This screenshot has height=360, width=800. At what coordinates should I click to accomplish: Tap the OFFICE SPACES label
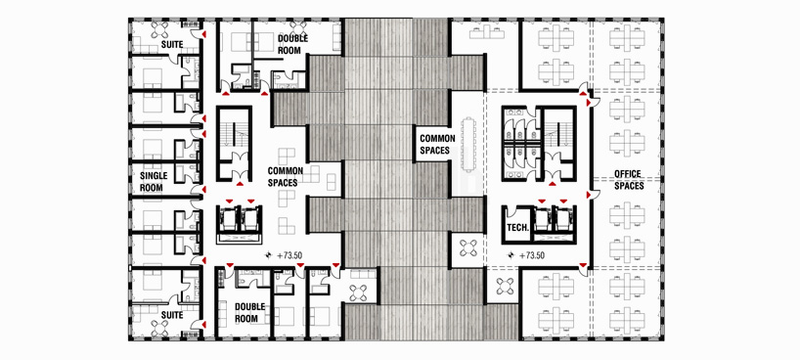(x=628, y=180)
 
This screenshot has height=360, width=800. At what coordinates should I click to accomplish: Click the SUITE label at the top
(x=172, y=44)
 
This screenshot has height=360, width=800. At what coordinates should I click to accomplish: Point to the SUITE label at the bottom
(x=172, y=315)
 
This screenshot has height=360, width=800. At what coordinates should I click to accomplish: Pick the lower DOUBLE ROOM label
(x=250, y=312)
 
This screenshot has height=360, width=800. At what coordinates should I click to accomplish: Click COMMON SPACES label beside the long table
(x=434, y=144)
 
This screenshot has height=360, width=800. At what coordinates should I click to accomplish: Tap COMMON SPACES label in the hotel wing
(x=286, y=176)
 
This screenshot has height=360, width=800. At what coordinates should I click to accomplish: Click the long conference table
(x=468, y=145)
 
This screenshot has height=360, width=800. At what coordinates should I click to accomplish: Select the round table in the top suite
(x=161, y=27)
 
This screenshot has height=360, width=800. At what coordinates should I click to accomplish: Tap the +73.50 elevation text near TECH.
(x=532, y=255)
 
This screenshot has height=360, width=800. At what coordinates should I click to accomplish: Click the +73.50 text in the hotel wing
(x=290, y=255)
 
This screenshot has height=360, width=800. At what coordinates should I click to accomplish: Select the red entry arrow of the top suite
(x=203, y=34)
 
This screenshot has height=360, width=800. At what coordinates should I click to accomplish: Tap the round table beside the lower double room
(x=359, y=293)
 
